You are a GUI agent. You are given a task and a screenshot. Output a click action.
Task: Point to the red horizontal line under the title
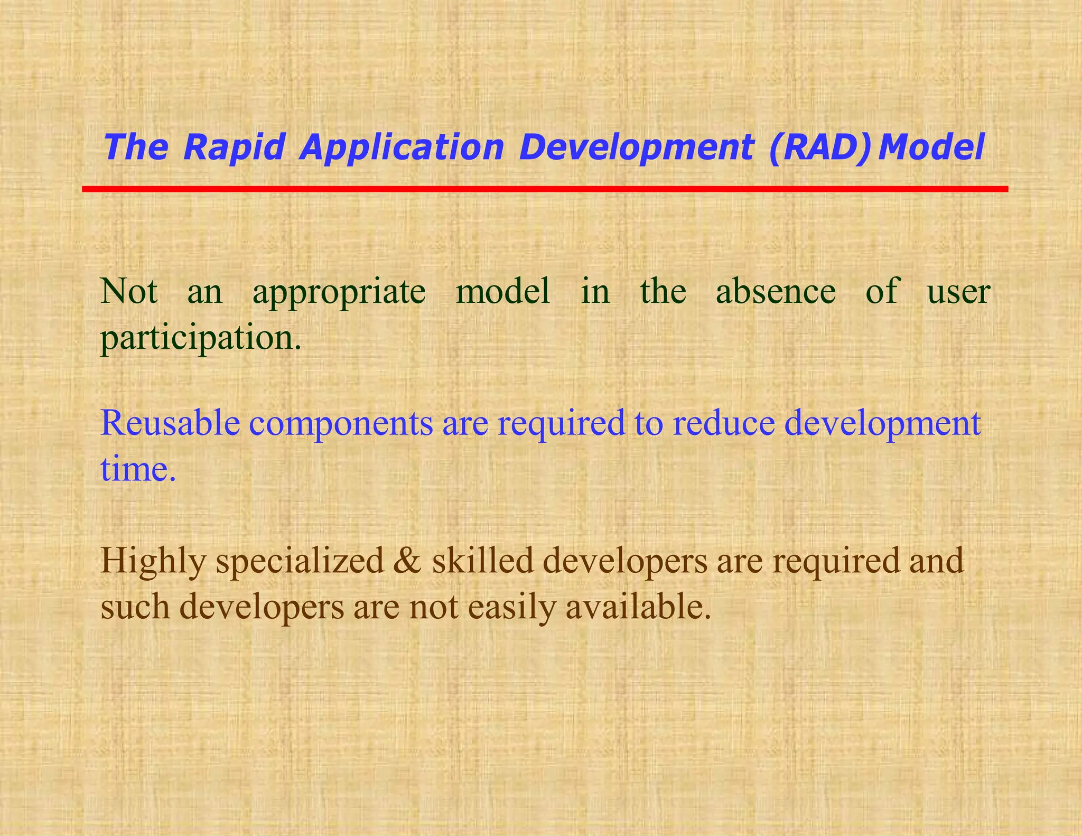pos(544,189)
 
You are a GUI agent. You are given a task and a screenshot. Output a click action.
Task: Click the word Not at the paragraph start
pos(129,291)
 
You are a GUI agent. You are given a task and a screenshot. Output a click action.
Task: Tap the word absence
pos(775,291)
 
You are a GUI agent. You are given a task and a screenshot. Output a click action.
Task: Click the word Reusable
pos(170,423)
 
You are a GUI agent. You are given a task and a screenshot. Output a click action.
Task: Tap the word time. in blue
pos(138,469)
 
